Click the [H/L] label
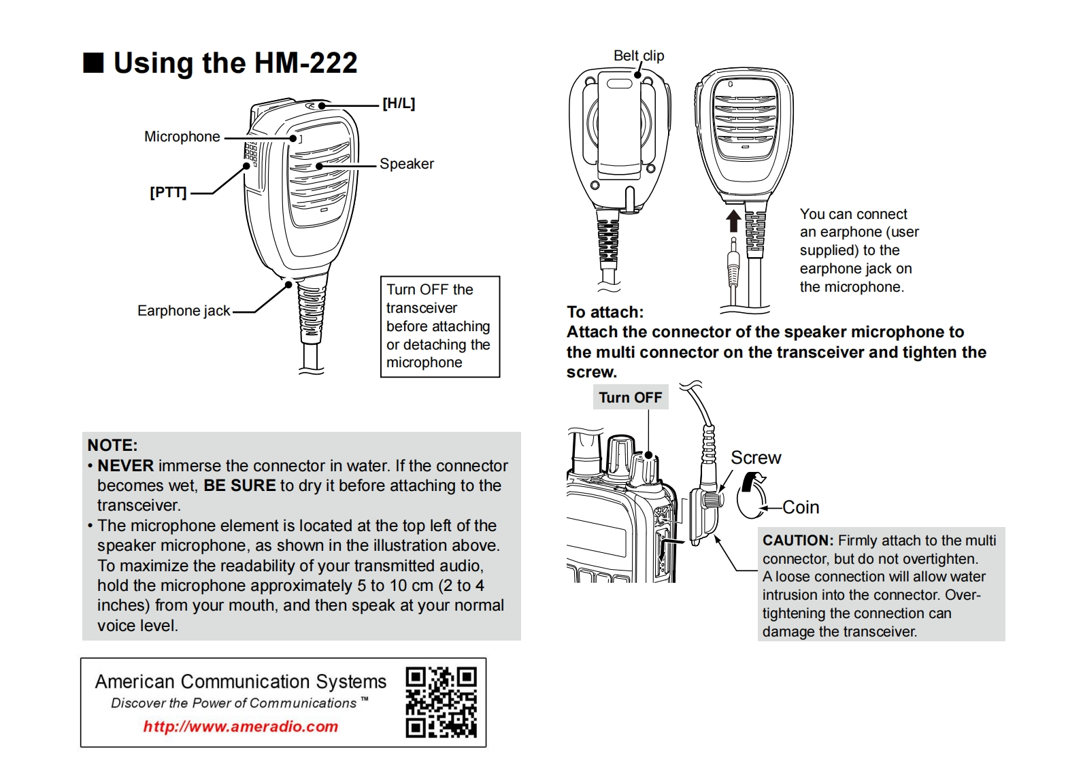(398, 103)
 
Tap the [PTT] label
(168, 192)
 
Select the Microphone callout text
(182, 137)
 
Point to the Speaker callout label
(406, 164)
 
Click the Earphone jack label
(184, 311)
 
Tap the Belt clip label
(638, 56)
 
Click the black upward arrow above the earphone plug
(733, 221)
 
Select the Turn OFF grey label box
(630, 398)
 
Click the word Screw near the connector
(755, 458)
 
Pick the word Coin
(801, 507)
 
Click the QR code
(441, 702)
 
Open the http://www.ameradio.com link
(240, 726)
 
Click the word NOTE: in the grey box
(112, 445)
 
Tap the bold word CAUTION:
(797, 541)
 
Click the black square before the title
(93, 63)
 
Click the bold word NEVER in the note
(125, 466)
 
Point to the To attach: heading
(605, 312)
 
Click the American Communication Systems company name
(240, 681)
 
